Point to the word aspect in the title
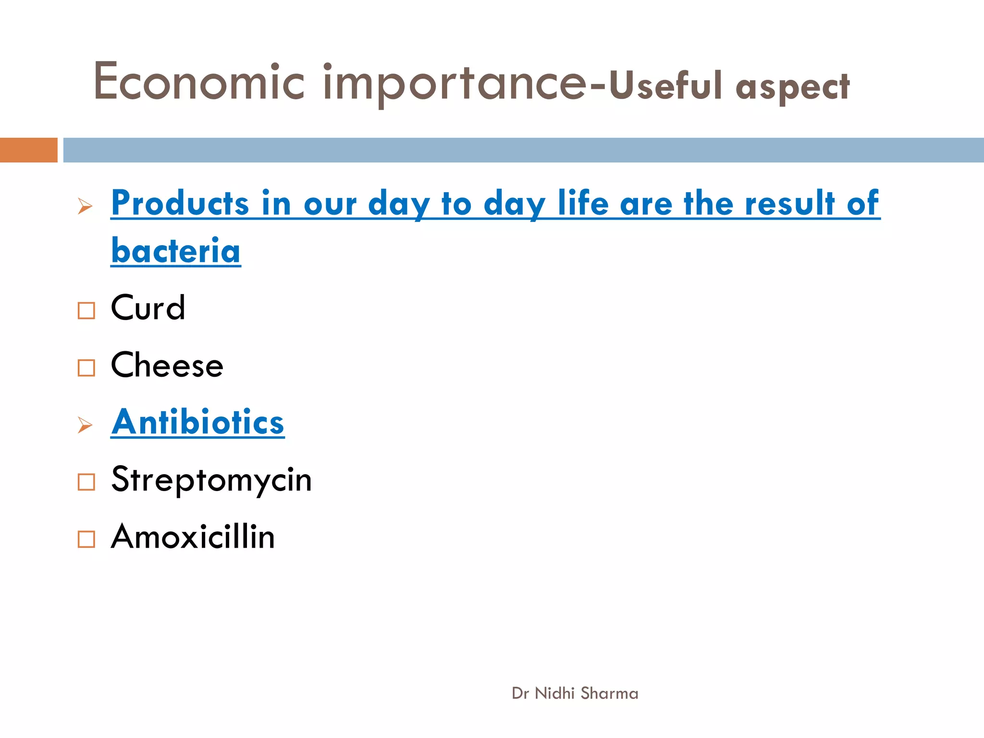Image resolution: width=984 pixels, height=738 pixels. pyautogui.click(x=793, y=87)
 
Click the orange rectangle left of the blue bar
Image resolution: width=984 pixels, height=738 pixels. pyautogui.click(x=28, y=150)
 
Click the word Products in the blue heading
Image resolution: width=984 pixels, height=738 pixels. pyautogui.click(x=180, y=203)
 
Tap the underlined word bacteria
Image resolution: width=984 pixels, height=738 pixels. pyautogui.click(x=176, y=251)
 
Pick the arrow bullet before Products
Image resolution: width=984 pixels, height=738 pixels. pyautogui.click(x=85, y=207)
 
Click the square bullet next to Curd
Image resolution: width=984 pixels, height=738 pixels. pyautogui.click(x=86, y=310)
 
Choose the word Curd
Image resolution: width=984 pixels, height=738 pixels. pyautogui.click(x=148, y=307)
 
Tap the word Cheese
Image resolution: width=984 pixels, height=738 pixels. pyautogui.click(x=167, y=365)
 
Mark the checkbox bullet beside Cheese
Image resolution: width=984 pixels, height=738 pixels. pyautogui.click(x=86, y=368)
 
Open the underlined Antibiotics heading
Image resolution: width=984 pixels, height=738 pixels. pyautogui.click(x=197, y=422)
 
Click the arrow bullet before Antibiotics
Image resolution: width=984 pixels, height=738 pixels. pyautogui.click(x=85, y=425)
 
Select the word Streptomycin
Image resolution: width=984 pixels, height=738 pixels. pyautogui.click(x=211, y=480)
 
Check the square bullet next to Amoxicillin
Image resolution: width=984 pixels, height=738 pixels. pyautogui.click(x=86, y=539)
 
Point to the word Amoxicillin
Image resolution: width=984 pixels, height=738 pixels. pyautogui.click(x=193, y=536)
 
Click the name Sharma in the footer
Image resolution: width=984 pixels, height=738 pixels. pyautogui.click(x=609, y=693)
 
